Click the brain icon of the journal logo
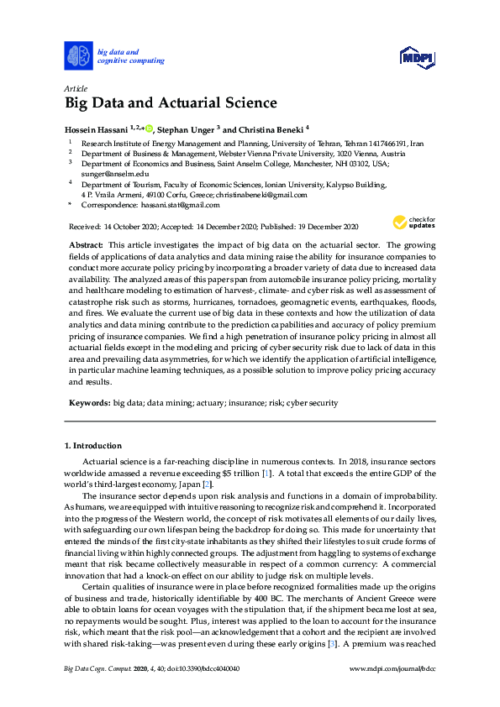(x=77, y=55)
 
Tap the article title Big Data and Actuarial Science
(x=171, y=104)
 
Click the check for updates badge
(x=409, y=223)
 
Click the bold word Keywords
(x=88, y=403)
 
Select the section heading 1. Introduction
(x=92, y=444)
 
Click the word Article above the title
(x=76, y=88)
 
